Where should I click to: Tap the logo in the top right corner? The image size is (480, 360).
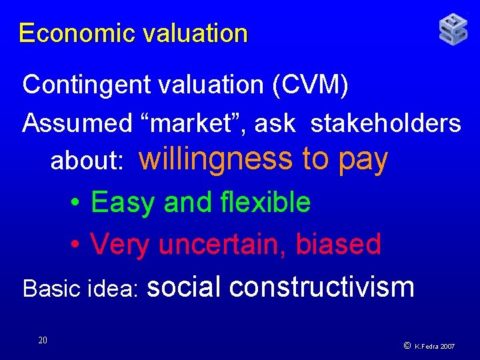[453, 30]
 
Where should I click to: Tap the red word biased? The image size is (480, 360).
[338, 244]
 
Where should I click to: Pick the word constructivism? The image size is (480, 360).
[322, 287]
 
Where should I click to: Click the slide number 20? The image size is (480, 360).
[43, 341]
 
